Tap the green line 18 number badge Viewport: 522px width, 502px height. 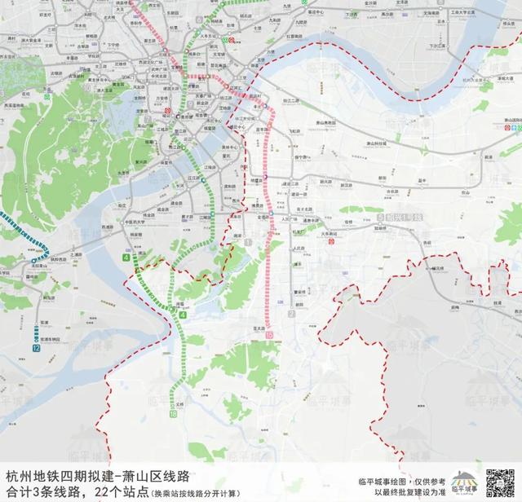pyautogui.click(x=173, y=415)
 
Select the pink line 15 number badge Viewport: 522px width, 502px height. pyautogui.click(x=268, y=325)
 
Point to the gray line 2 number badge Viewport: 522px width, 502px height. pyautogui.click(x=290, y=314)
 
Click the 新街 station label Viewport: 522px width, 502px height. pyautogui.click(x=489, y=156)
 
